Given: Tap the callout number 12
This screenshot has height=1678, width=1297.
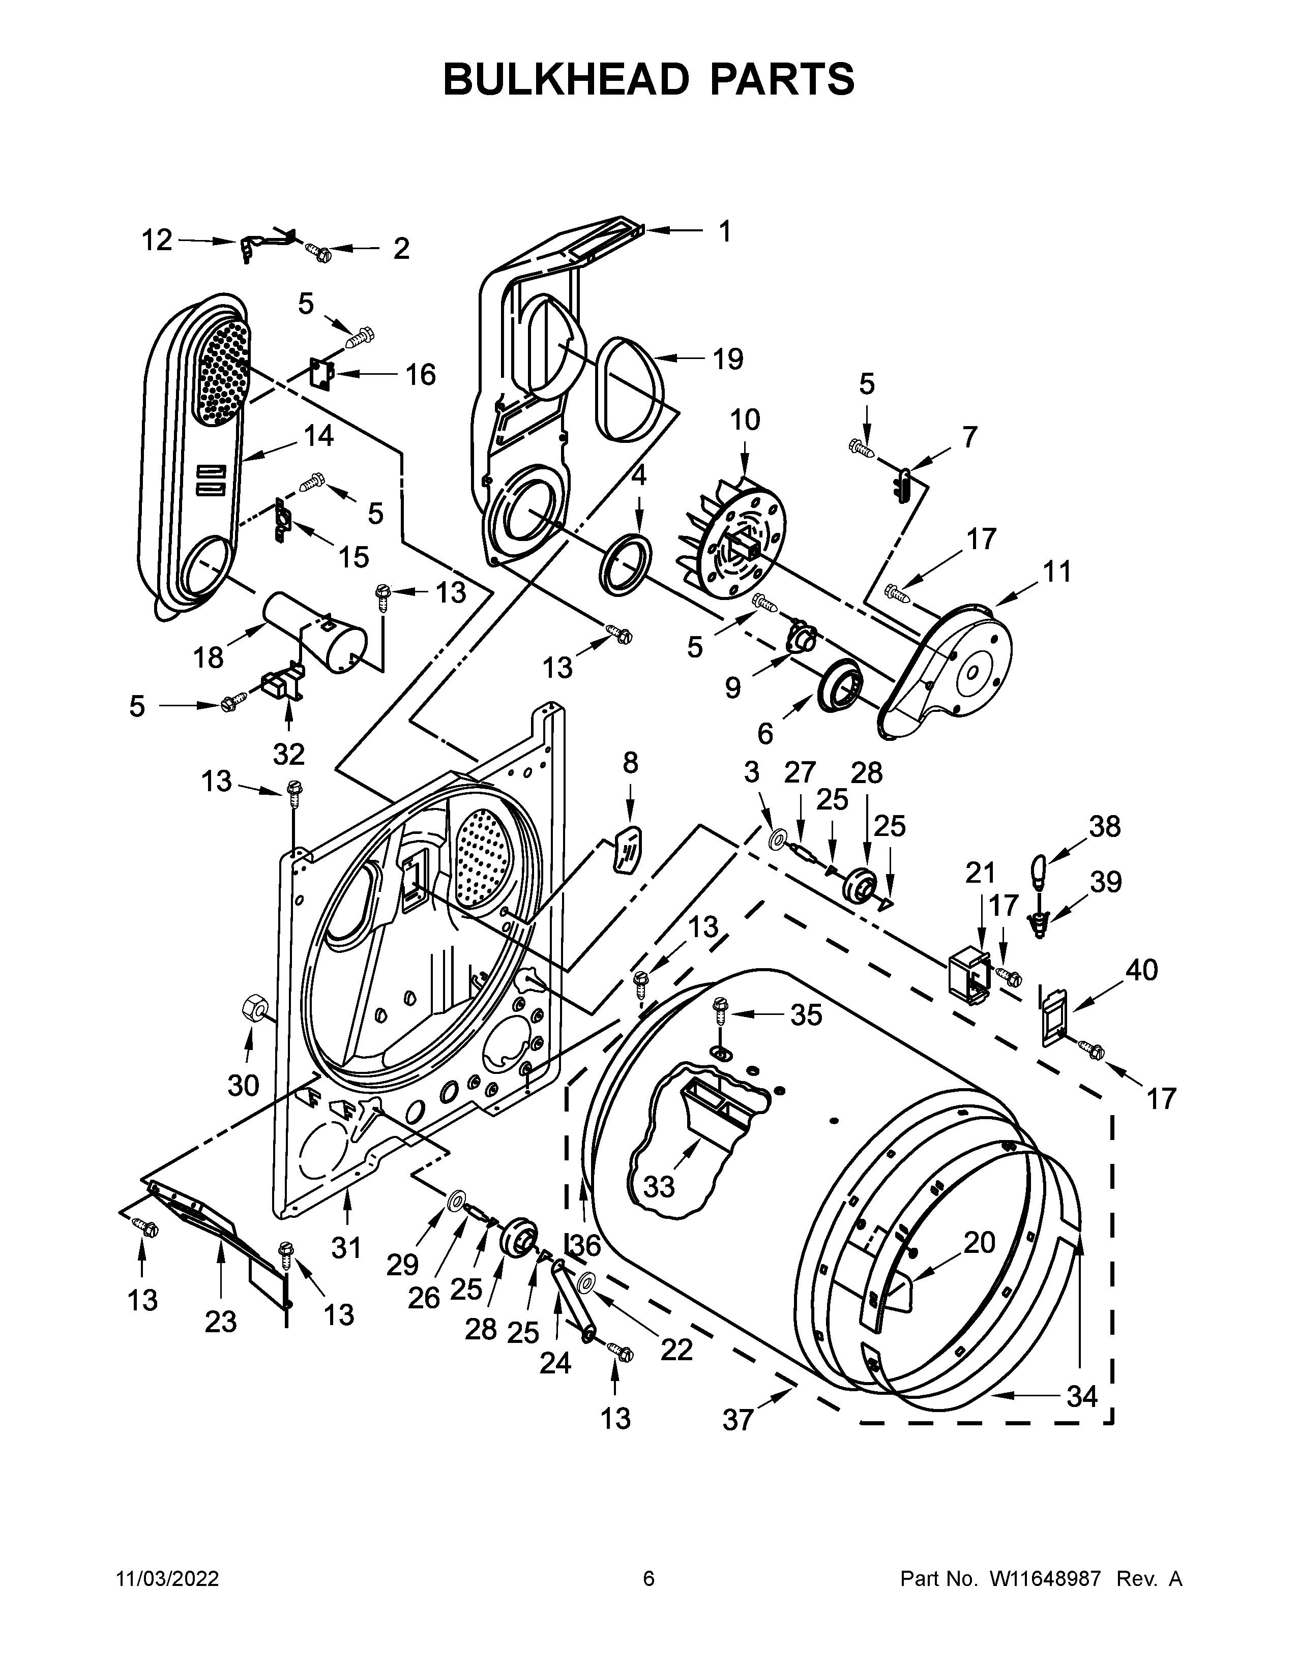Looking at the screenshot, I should [x=157, y=241].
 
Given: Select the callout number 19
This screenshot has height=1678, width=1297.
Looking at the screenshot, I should [x=727, y=359].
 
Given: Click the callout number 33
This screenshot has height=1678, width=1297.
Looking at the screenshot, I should [x=659, y=1187].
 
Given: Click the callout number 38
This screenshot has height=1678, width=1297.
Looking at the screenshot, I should [x=1105, y=827].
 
